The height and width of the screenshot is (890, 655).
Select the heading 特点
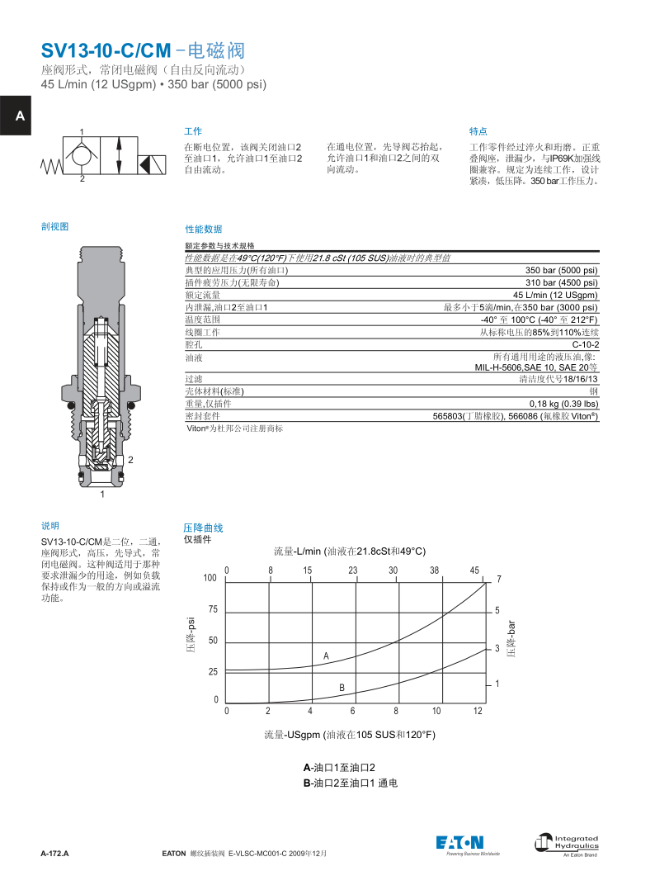tap(478, 131)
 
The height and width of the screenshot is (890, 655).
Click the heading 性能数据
tap(203, 229)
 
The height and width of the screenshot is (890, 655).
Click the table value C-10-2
tap(585, 344)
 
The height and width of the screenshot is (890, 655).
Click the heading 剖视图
tap(54, 225)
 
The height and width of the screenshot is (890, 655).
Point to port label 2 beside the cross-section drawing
tap(130, 459)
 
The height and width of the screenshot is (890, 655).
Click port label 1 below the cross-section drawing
tap(102, 495)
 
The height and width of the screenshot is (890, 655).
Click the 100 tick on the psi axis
tap(210, 579)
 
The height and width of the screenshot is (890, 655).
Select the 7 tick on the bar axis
tap(498, 580)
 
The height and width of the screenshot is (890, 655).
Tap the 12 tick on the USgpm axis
tap(478, 711)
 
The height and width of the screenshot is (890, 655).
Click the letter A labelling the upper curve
tap(326, 656)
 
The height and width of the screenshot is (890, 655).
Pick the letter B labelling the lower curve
tap(342, 688)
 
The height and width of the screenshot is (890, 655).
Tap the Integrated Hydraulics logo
tap(567, 843)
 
